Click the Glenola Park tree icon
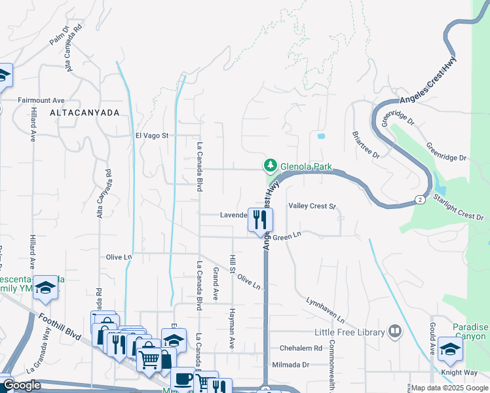click(x=269, y=165)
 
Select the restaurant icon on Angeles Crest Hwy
click(x=260, y=221)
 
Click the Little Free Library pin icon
click(x=394, y=331)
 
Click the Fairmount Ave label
click(x=41, y=100)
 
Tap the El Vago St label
click(x=152, y=136)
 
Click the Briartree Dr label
click(x=366, y=144)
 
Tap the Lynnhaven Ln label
click(x=325, y=310)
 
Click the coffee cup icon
click(x=183, y=379)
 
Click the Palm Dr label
click(x=58, y=36)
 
